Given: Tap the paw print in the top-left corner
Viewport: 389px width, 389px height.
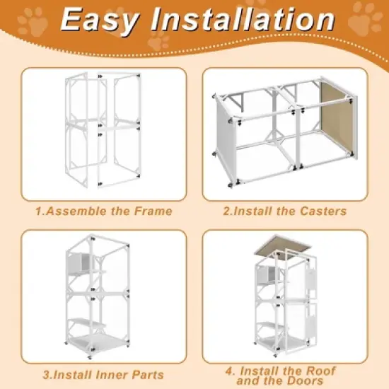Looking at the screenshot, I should (x=31, y=24).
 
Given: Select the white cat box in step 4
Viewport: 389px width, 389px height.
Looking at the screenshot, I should (x=271, y=272).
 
